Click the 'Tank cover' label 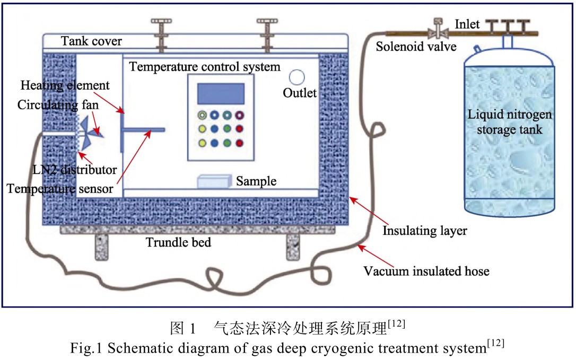91,41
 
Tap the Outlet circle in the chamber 296,78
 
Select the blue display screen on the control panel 221,94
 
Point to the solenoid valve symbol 439,30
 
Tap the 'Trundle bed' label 179,243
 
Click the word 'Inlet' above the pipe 467,24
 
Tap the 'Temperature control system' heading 205,67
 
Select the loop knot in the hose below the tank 218,277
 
